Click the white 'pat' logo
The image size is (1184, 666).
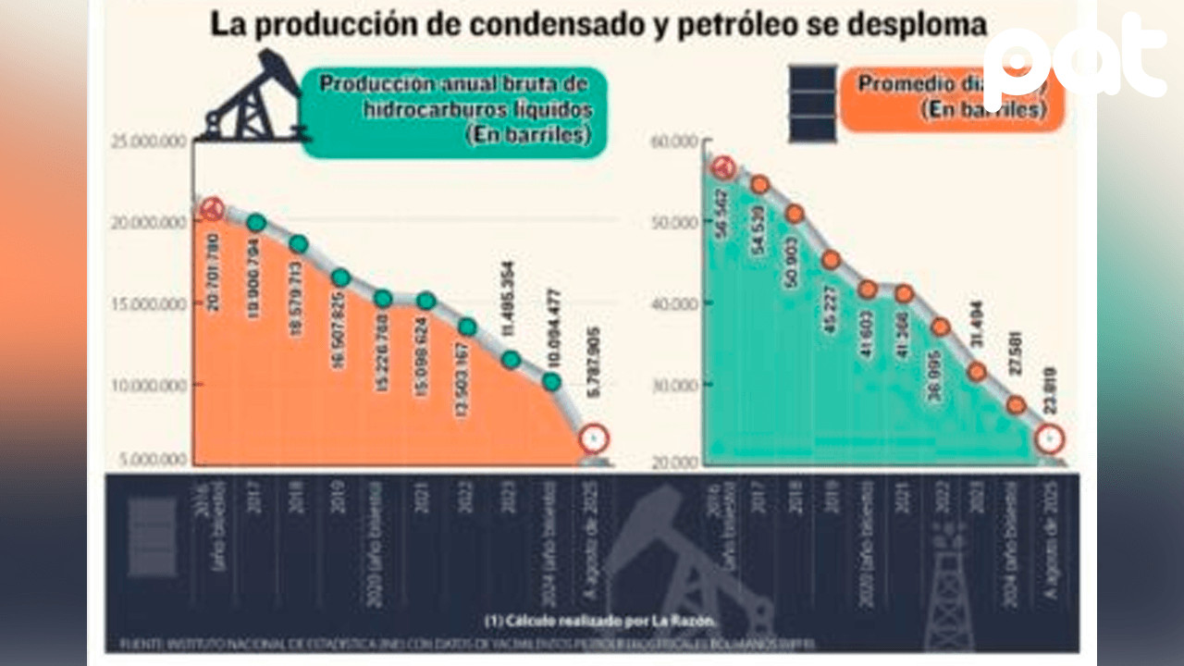coord(1073,57)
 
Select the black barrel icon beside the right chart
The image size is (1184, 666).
coord(811,104)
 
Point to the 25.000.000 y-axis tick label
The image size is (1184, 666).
coord(150,141)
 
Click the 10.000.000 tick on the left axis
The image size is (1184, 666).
coord(150,384)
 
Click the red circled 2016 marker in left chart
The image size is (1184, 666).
coord(213,210)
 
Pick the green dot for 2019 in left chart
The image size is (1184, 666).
coord(340,277)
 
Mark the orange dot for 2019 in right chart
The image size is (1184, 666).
coord(831,260)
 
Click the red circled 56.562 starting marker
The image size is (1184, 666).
coord(723,167)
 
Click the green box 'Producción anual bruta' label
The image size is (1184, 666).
coord(453,109)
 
